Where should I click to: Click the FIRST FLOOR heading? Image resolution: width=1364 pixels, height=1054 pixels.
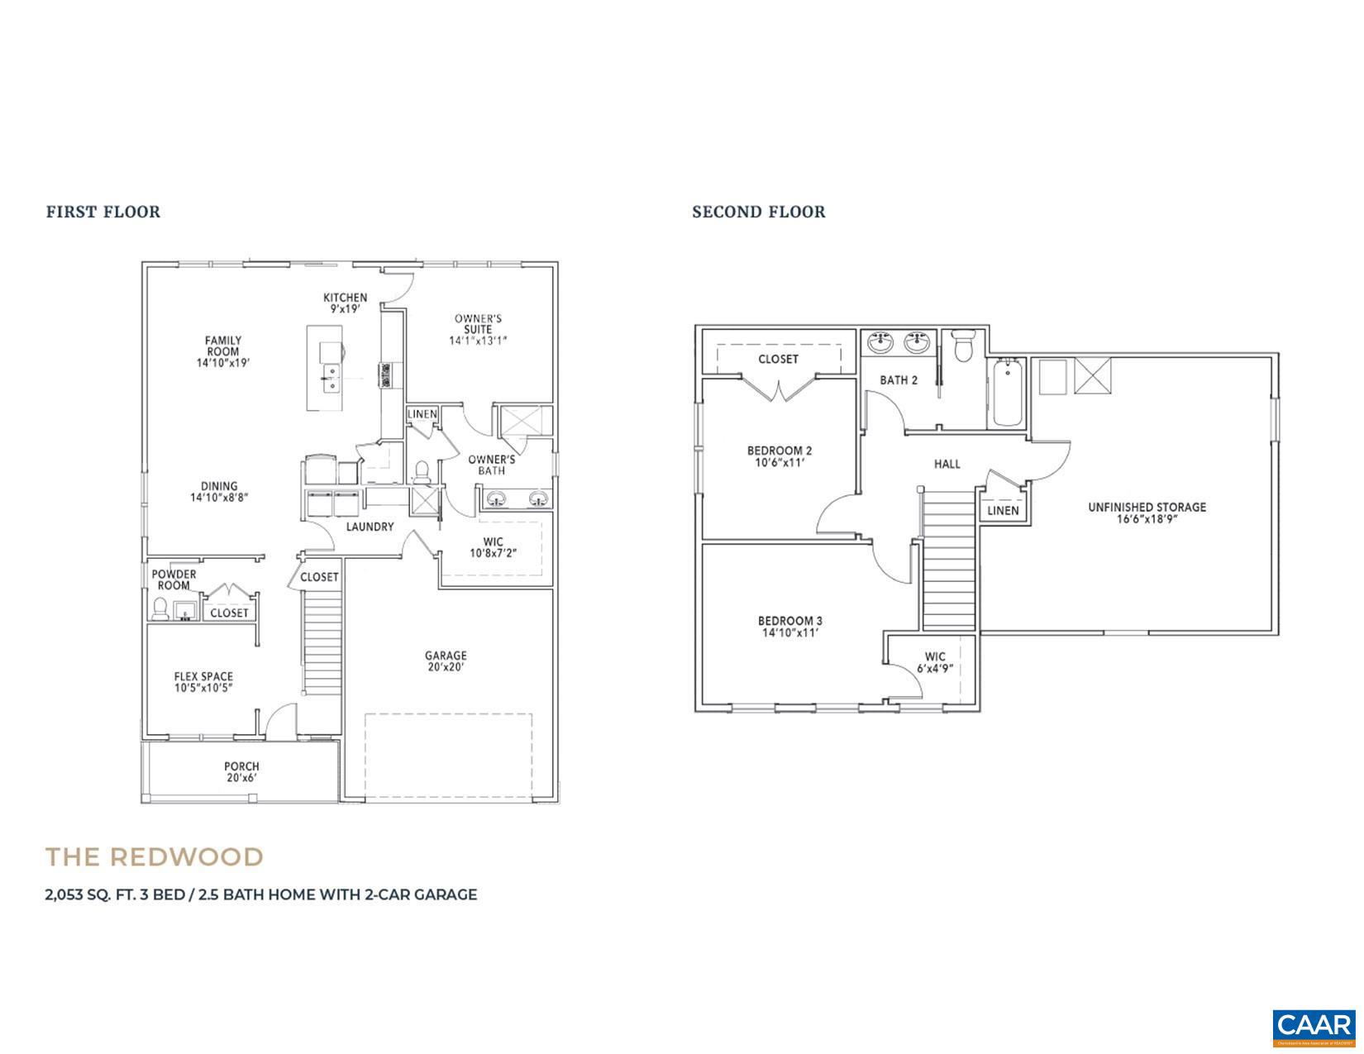click(103, 212)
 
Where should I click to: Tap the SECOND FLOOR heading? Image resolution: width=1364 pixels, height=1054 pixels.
click(758, 212)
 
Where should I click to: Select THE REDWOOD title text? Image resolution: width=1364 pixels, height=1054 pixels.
click(155, 856)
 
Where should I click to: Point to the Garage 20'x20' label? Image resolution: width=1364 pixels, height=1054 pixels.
click(446, 661)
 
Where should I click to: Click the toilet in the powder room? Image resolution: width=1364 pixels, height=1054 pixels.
click(160, 609)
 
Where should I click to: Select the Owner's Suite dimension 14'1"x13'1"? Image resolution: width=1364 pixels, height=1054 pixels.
click(478, 341)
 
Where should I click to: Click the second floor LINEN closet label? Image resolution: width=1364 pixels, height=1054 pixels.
click(1003, 511)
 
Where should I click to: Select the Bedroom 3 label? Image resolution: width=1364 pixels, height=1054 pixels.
click(789, 621)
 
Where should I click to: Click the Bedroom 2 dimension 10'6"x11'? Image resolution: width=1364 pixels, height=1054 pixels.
click(779, 463)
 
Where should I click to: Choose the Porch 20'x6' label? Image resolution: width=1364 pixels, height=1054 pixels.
click(241, 772)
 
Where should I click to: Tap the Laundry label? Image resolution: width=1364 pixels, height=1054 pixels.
click(370, 527)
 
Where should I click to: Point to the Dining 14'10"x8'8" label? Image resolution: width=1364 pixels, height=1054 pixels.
click(219, 492)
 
